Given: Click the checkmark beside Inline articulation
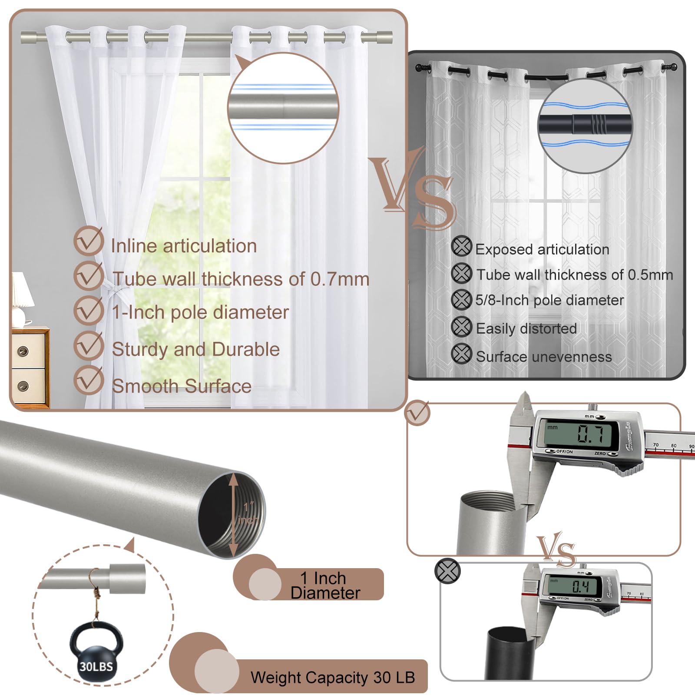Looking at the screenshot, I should point(88,241).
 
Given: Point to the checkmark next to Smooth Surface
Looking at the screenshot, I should point(88,380).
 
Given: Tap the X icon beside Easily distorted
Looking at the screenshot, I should point(461,327).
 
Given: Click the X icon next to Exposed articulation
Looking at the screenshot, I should point(461,246).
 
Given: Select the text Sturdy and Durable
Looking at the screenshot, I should point(196,349).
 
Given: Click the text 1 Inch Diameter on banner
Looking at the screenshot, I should point(325,586).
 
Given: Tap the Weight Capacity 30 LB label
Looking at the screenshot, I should point(333,677).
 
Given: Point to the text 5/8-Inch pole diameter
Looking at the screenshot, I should point(549,300).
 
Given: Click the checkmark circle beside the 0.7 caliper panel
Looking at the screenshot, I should point(417,413).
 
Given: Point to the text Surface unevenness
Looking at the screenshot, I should point(544,357).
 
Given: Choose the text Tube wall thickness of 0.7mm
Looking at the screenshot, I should point(241,279).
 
